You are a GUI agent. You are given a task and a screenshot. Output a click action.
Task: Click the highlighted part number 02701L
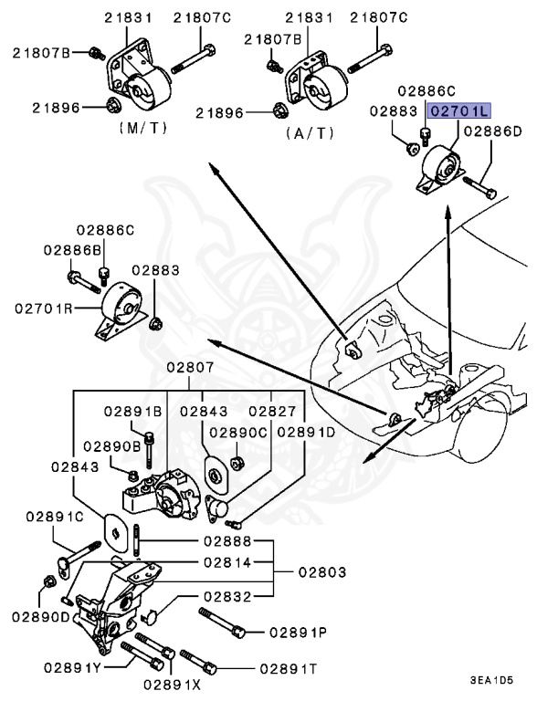click(x=461, y=110)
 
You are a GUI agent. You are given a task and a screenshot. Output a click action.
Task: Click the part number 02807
click(x=190, y=368)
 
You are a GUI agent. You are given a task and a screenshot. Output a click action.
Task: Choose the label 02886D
click(x=492, y=131)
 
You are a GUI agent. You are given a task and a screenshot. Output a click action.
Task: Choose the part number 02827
click(x=272, y=412)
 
